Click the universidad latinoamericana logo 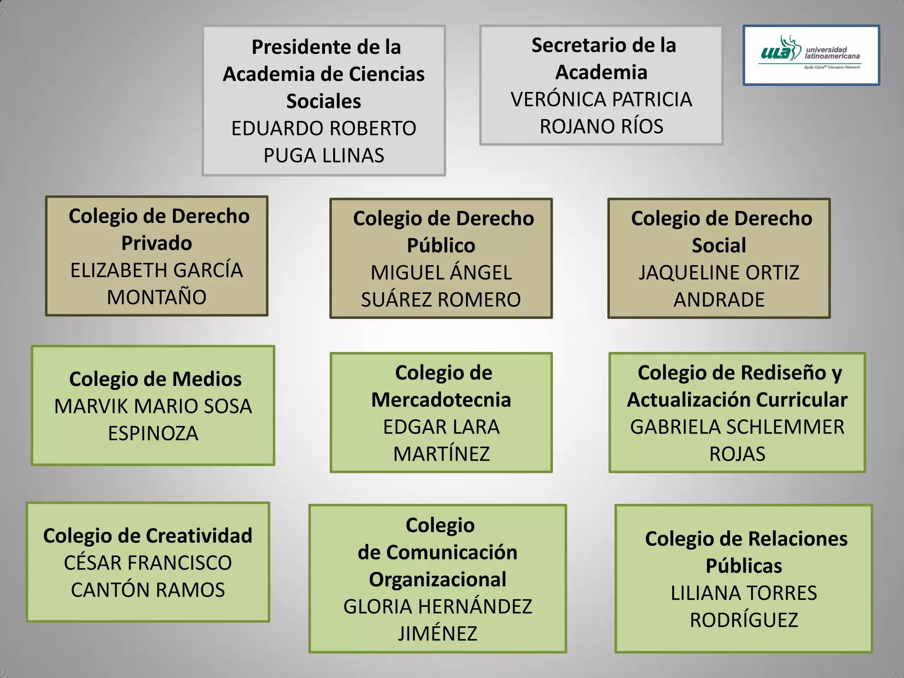tap(811, 55)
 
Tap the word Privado tap(157, 243)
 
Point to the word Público tap(441, 245)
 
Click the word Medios tap(207, 379)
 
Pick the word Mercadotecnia tap(441, 400)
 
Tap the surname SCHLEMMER tap(785, 427)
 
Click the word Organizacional tap(437, 580)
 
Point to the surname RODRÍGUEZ tap(744, 620)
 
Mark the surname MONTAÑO tap(157, 297)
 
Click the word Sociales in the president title tap(324, 101)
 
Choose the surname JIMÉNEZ tap(437, 633)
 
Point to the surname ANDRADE tap(719, 300)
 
